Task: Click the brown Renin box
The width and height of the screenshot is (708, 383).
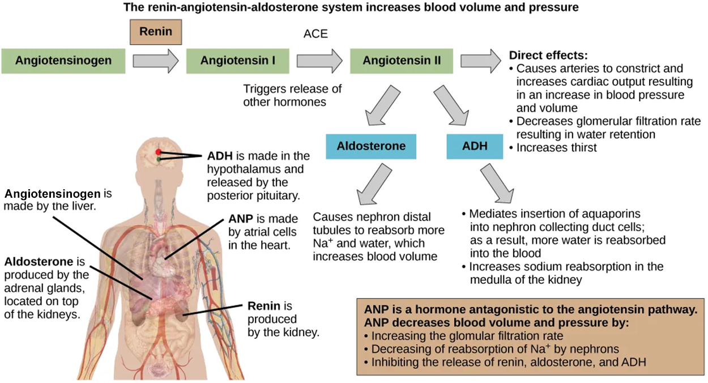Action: [156, 32]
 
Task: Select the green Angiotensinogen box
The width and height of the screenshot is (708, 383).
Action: [63, 60]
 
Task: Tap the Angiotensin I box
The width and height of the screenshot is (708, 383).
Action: [238, 60]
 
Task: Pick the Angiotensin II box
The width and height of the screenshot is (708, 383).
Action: [402, 60]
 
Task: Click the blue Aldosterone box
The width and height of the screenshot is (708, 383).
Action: [371, 146]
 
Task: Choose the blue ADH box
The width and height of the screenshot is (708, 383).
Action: [475, 146]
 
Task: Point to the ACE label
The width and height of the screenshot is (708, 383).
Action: [315, 34]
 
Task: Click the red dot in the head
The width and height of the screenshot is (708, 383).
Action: [159, 152]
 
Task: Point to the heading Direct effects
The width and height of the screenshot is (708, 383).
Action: [548, 56]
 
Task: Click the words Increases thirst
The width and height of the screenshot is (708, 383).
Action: [557, 147]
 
